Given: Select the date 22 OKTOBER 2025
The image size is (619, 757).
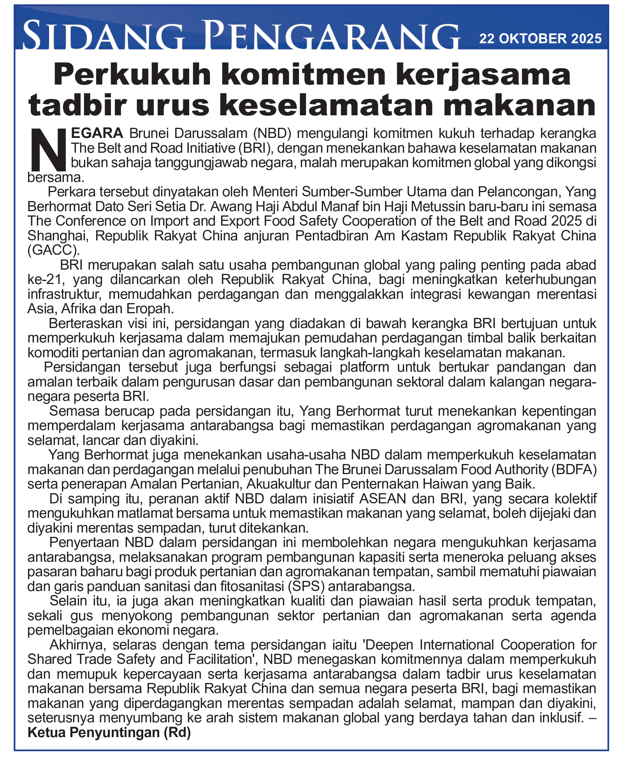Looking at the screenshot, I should [540, 39].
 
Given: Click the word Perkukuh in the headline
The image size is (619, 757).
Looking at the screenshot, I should [132, 75].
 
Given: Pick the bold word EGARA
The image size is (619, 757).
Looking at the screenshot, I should [97, 133].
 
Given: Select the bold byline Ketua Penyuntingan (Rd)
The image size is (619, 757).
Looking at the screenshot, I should [109, 733].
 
